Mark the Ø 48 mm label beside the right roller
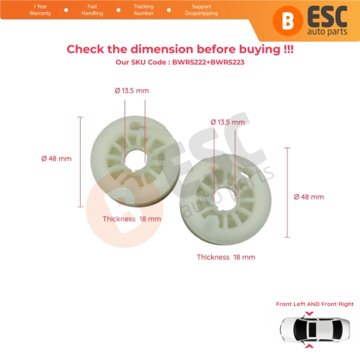point(310,196)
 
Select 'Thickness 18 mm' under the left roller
point(132,217)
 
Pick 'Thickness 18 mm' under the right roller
point(225,256)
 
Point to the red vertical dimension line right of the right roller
point(287,192)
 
